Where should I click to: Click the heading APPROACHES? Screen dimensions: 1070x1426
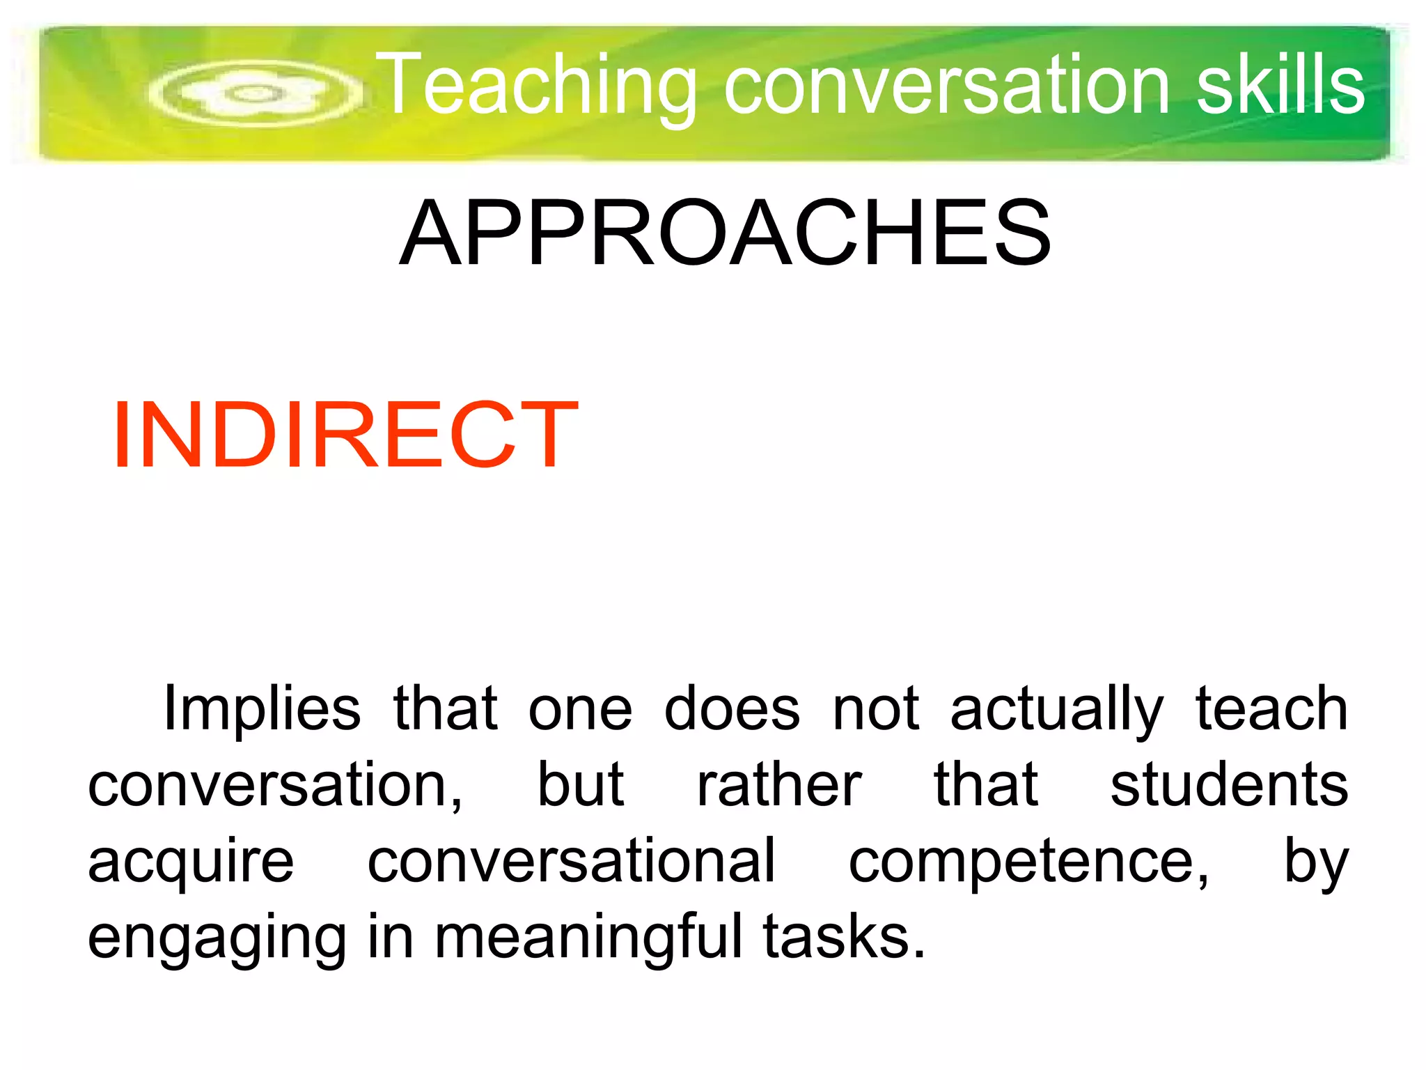[725, 233]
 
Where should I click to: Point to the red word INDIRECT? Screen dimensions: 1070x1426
[345, 435]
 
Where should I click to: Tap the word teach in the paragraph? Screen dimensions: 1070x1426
[1271, 708]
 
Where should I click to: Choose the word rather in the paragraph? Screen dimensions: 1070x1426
[779, 786]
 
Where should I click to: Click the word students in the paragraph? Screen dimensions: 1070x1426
[1229, 786]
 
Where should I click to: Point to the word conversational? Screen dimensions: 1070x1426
[571, 861]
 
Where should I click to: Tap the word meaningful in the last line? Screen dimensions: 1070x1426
[588, 937]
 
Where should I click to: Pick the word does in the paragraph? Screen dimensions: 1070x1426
[732, 709]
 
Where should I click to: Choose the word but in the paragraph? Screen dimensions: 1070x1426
[581, 786]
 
